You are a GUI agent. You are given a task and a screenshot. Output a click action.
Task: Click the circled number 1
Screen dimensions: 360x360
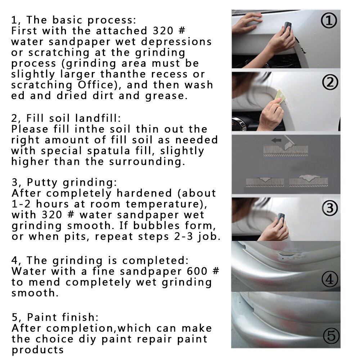pyautogui.click(x=329, y=21)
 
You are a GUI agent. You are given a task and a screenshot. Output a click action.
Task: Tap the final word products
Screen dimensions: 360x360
pyautogui.click(x=37, y=350)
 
